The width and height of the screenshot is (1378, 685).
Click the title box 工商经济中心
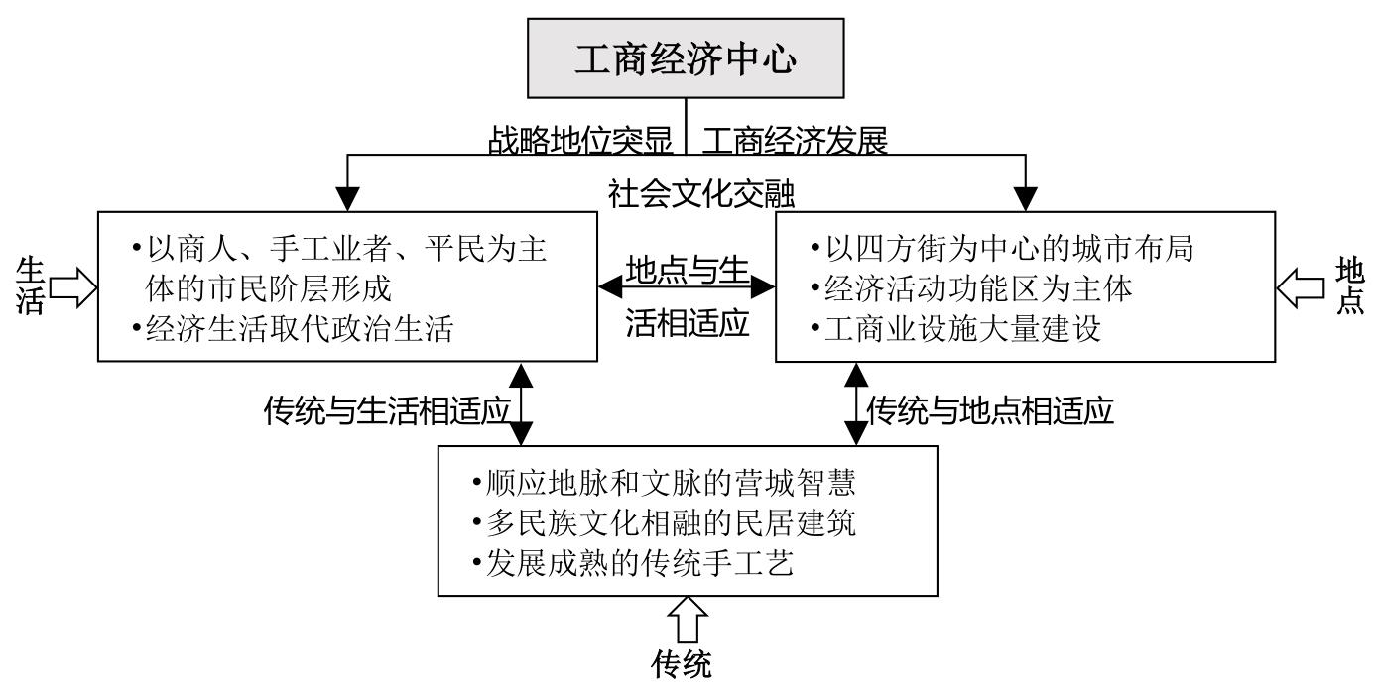pos(686,60)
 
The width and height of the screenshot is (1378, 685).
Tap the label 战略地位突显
pos(580,141)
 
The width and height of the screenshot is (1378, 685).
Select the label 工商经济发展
pos(794,141)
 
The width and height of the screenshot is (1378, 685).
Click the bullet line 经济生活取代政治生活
pos(293,328)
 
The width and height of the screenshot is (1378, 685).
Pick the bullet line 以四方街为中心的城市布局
pos(1002,248)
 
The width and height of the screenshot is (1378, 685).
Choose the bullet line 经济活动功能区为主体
pos(971,288)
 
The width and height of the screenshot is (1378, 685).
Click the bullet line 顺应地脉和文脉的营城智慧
pos(665,483)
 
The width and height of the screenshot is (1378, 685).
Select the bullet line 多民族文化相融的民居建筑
pos(665,522)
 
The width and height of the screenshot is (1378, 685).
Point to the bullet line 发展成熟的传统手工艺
pos(634,562)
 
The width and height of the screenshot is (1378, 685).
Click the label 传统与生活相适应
pos(387,409)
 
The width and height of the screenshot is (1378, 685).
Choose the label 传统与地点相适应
pos(990,409)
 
